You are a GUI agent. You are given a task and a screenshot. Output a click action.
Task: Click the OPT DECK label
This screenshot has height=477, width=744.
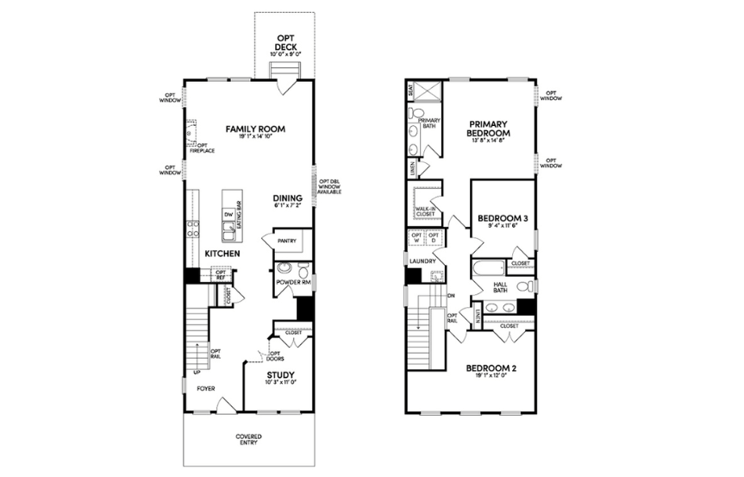coord(285,42)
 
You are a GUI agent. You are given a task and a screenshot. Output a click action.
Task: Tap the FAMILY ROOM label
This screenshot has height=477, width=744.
coord(255,129)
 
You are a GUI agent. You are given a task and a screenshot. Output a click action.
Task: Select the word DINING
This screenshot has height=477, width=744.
coord(286,197)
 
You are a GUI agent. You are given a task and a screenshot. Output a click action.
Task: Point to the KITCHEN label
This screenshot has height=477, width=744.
coord(222,254)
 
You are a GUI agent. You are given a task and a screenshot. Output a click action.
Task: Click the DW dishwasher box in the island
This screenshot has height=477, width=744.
coord(228,214)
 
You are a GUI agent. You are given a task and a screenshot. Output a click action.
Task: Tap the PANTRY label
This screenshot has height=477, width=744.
coord(287,242)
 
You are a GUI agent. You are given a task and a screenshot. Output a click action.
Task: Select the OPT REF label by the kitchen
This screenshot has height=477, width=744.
coord(220,275)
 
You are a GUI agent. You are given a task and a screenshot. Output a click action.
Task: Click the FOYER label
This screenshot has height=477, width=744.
coord(205,388)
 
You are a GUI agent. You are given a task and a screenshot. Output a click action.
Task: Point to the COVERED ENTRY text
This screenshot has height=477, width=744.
coord(249,440)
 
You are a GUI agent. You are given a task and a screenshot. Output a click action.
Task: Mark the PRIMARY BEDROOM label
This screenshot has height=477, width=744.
coord(488,129)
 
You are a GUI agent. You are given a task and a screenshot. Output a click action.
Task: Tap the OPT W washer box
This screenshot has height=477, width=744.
coord(416,239)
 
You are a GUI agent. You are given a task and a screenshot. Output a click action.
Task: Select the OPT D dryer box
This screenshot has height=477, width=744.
coord(434,239)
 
